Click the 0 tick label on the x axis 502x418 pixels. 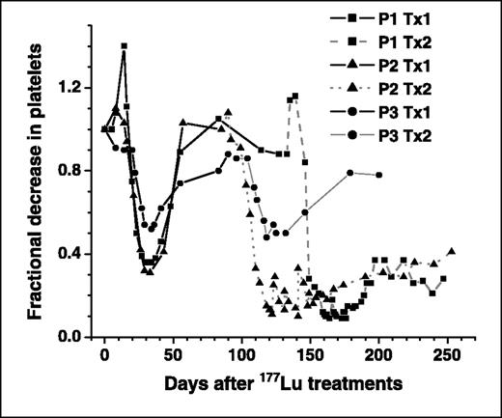tap(104, 353)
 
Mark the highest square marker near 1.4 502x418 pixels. tap(124, 45)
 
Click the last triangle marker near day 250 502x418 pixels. tap(452, 251)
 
